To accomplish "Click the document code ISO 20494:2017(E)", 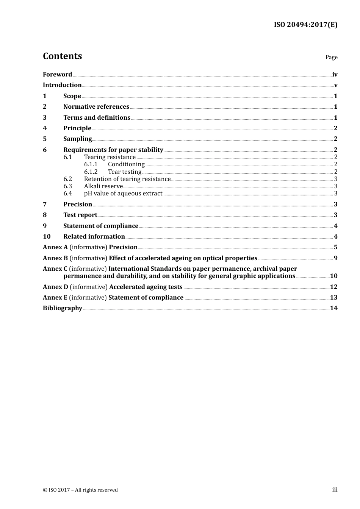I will coord(305,25).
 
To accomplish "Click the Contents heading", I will coord(62,56).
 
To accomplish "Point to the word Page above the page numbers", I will coord(331,57).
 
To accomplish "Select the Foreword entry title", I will coord(57,75).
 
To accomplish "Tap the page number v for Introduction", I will coord(335,85).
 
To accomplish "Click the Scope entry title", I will coord(72,96).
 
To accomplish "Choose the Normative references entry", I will coord(96,107).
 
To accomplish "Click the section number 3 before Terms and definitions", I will coord(45,118).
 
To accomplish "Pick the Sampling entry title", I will coord(77,139).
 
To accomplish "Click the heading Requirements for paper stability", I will coord(113,150).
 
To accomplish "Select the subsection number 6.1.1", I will coord(91,164).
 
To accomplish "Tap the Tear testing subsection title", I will coord(124,172).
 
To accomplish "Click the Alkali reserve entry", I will coord(103,186).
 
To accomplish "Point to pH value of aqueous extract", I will coord(123,194).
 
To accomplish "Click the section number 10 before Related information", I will coord(47,237).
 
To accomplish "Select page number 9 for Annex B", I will coord(335,258).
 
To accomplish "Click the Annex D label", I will coord(55,287).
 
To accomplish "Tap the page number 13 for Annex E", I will coord(333,298).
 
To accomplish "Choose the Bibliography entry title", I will coord(63,308).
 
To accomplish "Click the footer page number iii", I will coord(335,490).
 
